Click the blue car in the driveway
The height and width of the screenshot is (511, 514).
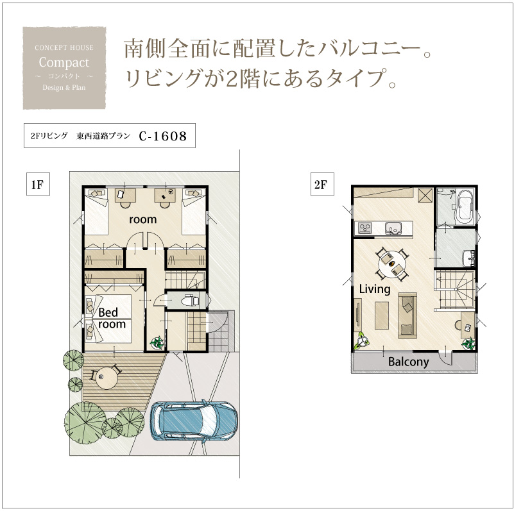point(194,421)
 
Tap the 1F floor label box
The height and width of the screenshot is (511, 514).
point(38,185)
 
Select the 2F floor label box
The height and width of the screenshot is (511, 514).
point(322,185)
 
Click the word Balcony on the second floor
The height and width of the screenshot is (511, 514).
point(409,362)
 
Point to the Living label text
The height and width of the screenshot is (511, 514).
point(375,289)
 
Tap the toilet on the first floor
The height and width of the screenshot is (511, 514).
point(190,300)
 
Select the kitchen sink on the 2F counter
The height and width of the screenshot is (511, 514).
point(393,228)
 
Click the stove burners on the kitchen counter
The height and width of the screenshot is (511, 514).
point(364,228)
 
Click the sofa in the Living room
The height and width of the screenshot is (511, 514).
point(407,315)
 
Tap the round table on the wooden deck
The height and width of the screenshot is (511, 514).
point(105,377)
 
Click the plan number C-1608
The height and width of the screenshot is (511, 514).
point(163,136)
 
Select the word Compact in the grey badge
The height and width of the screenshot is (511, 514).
point(64,63)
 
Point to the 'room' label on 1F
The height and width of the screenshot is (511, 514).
point(142,219)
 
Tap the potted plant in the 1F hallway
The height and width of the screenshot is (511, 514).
point(157,342)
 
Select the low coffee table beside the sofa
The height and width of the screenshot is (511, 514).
point(382,315)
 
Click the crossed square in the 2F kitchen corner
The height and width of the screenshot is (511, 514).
point(425,196)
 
